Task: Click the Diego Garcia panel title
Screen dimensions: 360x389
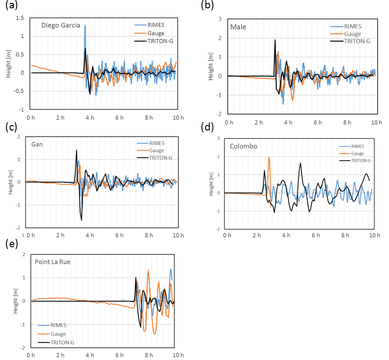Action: [x=61, y=25]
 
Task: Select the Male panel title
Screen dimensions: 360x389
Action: [x=238, y=27]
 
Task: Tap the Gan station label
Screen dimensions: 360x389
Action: [x=37, y=144]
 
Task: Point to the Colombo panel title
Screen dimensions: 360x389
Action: [x=243, y=146]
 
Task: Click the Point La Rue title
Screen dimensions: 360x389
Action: [x=52, y=262]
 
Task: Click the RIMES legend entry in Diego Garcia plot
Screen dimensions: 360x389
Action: [x=156, y=25]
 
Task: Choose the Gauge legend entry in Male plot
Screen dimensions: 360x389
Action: [x=353, y=34]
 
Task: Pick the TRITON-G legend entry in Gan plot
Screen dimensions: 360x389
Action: [x=160, y=158]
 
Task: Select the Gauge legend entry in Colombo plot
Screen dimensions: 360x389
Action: [x=357, y=153]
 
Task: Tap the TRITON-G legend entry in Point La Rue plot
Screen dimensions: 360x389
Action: [x=62, y=343]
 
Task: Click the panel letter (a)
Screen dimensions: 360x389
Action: [x=12, y=5]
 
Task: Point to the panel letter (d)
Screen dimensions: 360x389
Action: [x=207, y=127]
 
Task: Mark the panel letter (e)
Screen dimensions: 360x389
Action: [x=12, y=244]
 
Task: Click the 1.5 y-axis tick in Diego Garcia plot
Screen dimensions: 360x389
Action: [x=20, y=18]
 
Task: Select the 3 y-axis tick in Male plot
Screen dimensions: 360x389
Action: [x=220, y=19]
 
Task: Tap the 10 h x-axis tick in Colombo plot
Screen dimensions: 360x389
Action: [x=375, y=235]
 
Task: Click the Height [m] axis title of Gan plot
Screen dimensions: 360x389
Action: [x=11, y=182]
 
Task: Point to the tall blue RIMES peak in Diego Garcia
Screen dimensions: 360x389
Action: [x=85, y=26]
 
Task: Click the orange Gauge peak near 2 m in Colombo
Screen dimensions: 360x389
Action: [x=269, y=158]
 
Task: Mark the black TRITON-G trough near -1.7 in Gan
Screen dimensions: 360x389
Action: [x=81, y=220]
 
